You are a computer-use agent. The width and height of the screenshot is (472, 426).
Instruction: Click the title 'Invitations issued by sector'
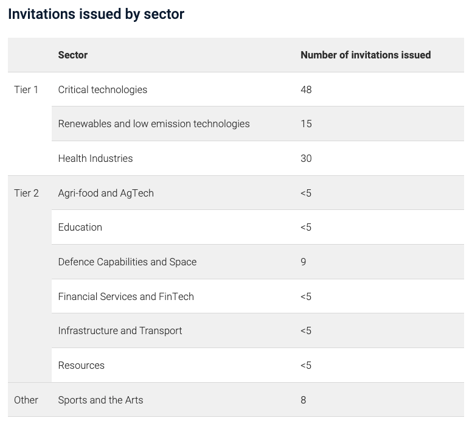96,15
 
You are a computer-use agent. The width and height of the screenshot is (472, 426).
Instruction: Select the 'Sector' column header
73,55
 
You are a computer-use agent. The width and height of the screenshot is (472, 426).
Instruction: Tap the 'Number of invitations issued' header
366,55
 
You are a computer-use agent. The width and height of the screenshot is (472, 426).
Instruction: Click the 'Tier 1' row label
26,89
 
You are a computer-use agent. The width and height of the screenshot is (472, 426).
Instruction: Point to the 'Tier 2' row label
26,193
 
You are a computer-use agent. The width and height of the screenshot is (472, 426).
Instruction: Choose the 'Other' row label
26,400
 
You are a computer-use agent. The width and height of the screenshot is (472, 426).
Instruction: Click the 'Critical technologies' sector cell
103,89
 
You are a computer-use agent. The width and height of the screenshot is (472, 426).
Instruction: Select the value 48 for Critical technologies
306,89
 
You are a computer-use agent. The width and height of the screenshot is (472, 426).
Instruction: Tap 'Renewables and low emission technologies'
154,124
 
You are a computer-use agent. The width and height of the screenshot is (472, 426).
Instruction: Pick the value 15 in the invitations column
306,124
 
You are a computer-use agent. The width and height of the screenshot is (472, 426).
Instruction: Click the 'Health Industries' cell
95,158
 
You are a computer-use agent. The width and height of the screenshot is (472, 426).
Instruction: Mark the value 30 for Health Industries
306,158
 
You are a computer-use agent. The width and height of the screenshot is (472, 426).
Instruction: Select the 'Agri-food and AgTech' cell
106,193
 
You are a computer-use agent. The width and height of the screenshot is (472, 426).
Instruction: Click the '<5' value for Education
306,227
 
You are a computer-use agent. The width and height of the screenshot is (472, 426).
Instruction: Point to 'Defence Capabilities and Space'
127,262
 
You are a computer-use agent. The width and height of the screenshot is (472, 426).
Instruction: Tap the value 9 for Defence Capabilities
304,262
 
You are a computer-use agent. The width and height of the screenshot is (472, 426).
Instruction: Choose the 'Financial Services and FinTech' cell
126,296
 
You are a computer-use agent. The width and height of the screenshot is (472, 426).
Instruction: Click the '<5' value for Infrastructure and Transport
306,330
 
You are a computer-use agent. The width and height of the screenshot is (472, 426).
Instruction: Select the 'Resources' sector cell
82,365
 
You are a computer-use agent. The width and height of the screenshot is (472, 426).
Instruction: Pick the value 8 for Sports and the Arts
304,400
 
